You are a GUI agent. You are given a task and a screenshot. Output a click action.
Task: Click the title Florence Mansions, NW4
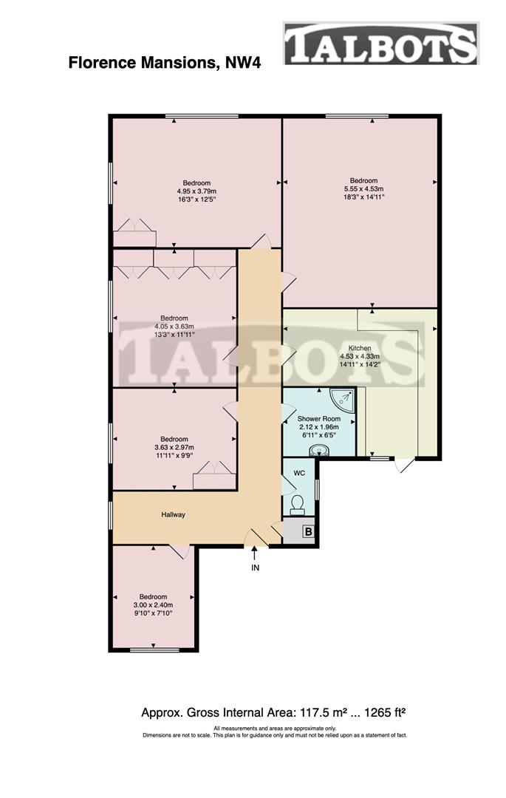click(164, 62)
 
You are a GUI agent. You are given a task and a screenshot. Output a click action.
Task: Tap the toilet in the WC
click(298, 503)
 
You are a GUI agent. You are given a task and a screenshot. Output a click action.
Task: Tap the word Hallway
click(173, 515)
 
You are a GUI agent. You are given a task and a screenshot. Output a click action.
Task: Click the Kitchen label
click(360, 348)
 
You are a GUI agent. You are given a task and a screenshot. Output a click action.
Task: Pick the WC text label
click(299, 473)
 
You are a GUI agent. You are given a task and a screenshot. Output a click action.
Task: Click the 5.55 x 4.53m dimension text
click(363, 189)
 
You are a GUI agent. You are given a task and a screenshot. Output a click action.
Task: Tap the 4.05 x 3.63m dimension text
click(174, 327)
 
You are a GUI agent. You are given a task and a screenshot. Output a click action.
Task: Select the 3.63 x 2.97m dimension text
click(174, 447)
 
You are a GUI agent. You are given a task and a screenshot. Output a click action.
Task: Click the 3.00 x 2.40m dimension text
click(154, 605)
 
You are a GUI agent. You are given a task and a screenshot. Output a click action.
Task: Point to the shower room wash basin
click(320, 450)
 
